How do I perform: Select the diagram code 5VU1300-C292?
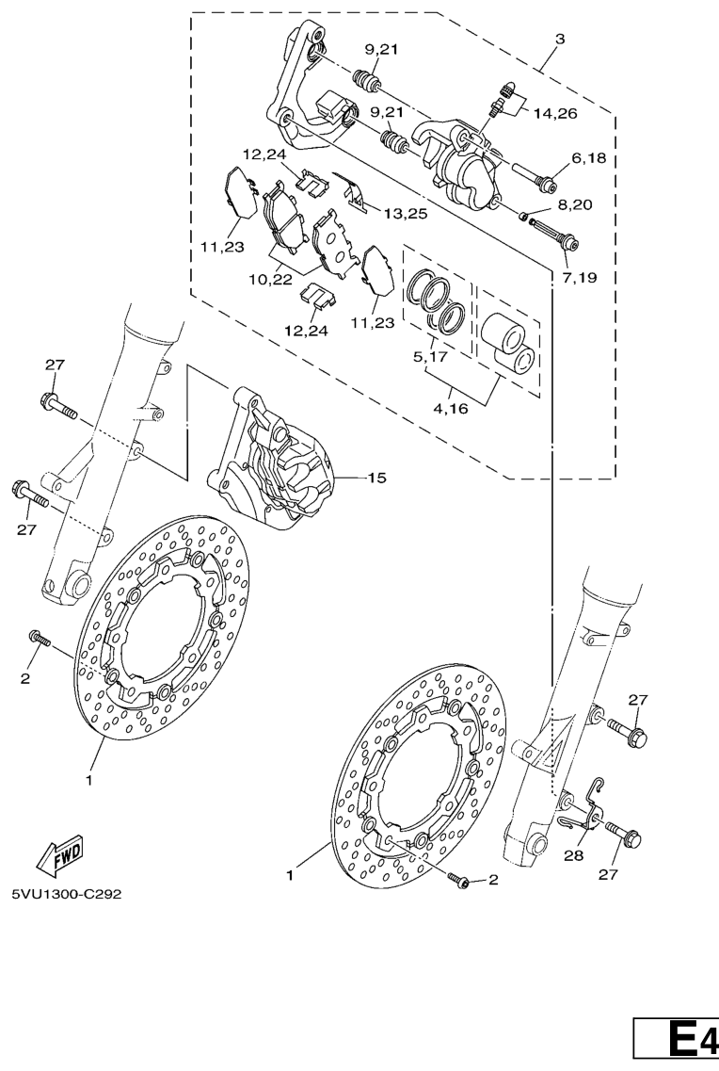66,893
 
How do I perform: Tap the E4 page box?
677,1041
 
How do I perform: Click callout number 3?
559,39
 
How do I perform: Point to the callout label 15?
376,478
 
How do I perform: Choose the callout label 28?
574,854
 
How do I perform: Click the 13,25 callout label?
406,214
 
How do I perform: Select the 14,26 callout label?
555,113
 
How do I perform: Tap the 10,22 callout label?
270,280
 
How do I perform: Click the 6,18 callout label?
589,158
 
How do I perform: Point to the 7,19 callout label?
580,277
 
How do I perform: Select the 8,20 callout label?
575,204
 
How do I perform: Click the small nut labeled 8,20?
523,218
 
